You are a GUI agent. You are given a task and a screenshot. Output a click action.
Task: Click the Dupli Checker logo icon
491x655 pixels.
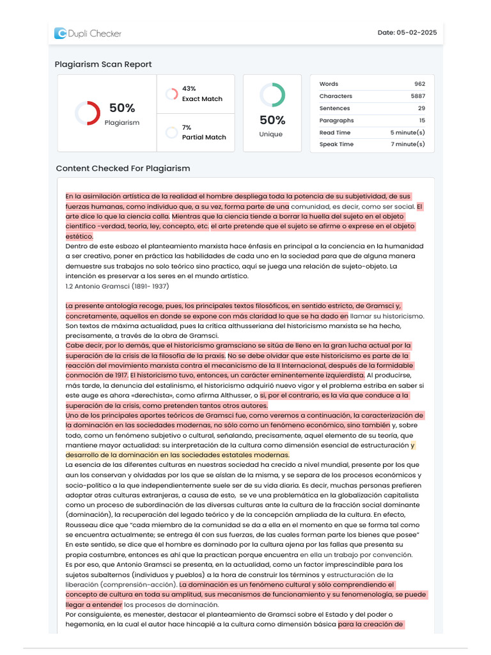[60, 33]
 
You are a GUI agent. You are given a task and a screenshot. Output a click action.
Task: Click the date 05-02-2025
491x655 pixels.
[416, 33]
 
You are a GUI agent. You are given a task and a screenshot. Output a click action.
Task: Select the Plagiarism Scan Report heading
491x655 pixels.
[103, 64]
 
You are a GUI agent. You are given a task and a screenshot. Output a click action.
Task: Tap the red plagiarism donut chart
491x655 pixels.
[87, 113]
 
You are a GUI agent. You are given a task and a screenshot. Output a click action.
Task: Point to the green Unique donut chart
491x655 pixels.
[272, 95]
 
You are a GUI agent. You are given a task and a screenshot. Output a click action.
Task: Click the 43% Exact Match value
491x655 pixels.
[189, 88]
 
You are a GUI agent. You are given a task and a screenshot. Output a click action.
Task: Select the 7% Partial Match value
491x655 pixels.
[187, 127]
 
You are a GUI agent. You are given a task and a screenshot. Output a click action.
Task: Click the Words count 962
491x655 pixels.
[419, 84]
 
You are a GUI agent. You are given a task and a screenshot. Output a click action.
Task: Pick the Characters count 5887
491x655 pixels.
[417, 96]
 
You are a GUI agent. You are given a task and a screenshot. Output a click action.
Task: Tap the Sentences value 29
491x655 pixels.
[421, 108]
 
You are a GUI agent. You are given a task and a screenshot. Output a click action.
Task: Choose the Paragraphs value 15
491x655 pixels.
[421, 120]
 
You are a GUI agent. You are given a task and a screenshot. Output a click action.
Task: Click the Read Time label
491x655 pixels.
[335, 132]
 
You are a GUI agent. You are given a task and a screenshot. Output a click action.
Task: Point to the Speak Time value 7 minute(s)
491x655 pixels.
[407, 144]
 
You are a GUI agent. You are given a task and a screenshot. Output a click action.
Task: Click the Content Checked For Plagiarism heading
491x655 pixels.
[123, 168]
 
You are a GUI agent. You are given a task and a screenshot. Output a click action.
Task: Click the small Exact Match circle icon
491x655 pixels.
[171, 94]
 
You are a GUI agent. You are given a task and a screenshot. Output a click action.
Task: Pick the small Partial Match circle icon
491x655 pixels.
[171, 132]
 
